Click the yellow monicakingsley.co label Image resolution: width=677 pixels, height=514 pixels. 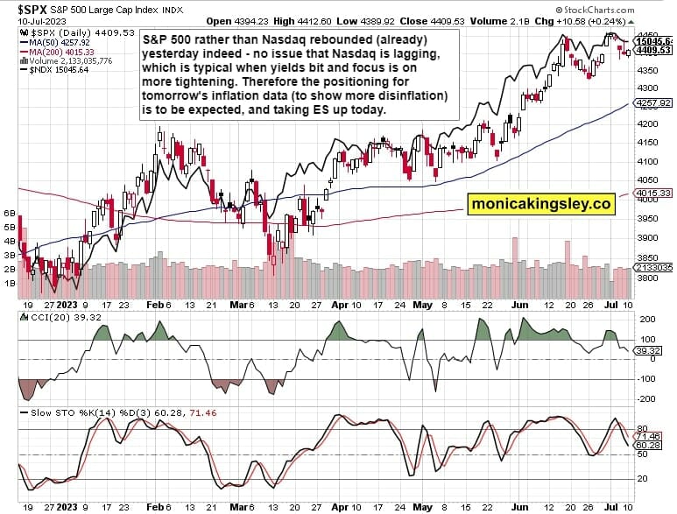pos(540,204)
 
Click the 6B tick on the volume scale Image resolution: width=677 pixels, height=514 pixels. pos(11,213)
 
